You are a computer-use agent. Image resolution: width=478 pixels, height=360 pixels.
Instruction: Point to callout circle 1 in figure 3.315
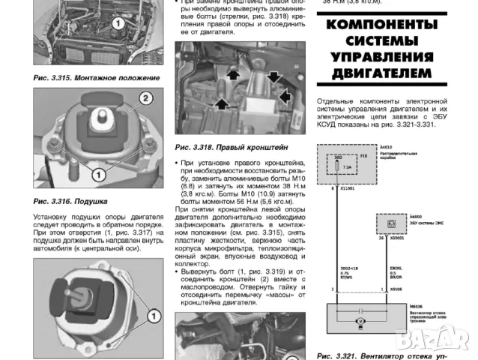(117, 25)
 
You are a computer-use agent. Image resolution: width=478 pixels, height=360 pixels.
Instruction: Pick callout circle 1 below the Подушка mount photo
(97, 174)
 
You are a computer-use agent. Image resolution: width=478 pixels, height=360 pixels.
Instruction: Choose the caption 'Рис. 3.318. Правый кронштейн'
(223, 148)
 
